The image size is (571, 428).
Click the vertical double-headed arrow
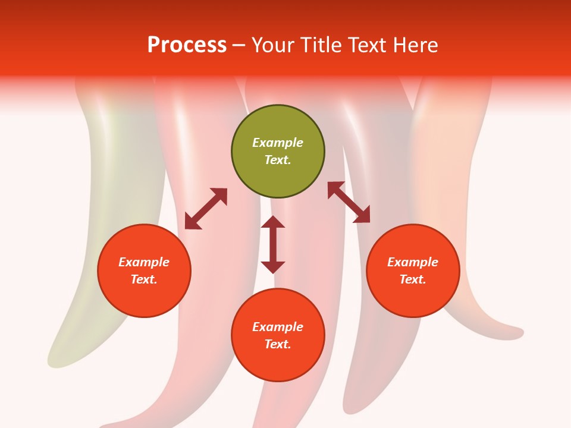tap(273, 244)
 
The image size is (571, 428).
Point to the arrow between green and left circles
tap(206, 209)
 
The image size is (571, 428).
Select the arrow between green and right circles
tap(349, 202)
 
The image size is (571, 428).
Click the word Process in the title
tap(187, 45)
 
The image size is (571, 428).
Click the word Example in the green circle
tap(278, 143)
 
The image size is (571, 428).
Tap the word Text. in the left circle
tap(144, 279)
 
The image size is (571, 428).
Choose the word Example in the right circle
tap(413, 262)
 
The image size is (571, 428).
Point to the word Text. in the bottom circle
tap(278, 344)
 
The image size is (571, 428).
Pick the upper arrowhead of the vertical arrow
tap(273, 222)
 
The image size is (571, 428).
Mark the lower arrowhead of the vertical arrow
tap(273, 267)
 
